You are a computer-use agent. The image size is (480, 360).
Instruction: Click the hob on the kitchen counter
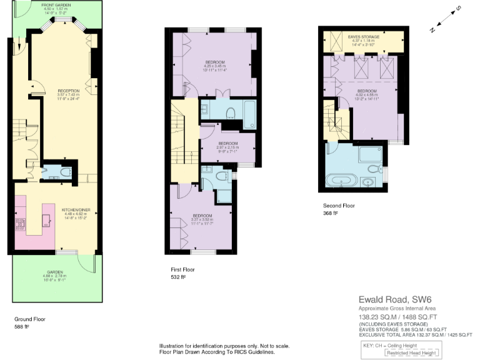(20, 224)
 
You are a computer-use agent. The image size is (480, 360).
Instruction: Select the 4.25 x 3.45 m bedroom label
(214, 62)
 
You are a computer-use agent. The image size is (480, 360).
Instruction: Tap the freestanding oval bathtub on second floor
(342, 181)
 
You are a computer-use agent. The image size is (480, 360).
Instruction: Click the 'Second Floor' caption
(339, 206)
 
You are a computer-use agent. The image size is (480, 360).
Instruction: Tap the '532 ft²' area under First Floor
(178, 276)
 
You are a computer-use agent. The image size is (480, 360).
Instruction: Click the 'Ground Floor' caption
(29, 319)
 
